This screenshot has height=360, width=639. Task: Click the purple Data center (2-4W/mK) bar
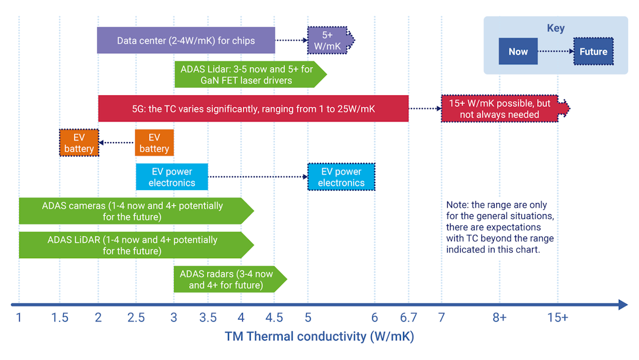point(186,40)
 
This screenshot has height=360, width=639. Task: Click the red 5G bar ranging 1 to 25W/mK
point(253,109)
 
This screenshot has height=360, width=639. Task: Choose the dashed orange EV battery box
point(79,143)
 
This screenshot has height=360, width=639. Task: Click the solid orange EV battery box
point(154,143)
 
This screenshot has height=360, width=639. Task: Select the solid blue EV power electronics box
point(171,177)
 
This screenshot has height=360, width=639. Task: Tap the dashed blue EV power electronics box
point(341,177)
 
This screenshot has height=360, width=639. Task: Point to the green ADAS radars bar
point(226,280)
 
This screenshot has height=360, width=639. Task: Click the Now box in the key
point(518,52)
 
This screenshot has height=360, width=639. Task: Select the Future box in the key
point(593,52)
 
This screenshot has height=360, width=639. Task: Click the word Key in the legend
point(555,28)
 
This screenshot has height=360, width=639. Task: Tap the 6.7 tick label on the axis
point(408,318)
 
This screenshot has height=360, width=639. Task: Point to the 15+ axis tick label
point(558,318)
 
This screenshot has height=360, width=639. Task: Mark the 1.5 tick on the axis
point(60,318)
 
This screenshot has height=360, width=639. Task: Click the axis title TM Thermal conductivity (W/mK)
point(319,337)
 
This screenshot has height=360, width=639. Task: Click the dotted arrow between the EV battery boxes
point(117,142)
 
